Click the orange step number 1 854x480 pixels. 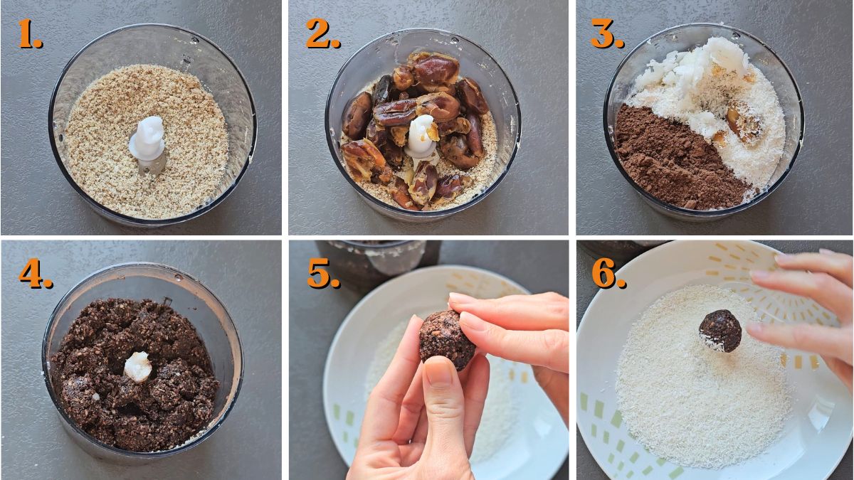tap(29, 33)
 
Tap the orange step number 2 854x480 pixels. tap(322, 33)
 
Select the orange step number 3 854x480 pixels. tap(606, 33)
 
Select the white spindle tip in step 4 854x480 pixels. tap(137, 366)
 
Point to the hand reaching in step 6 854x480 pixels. tap(804, 313)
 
